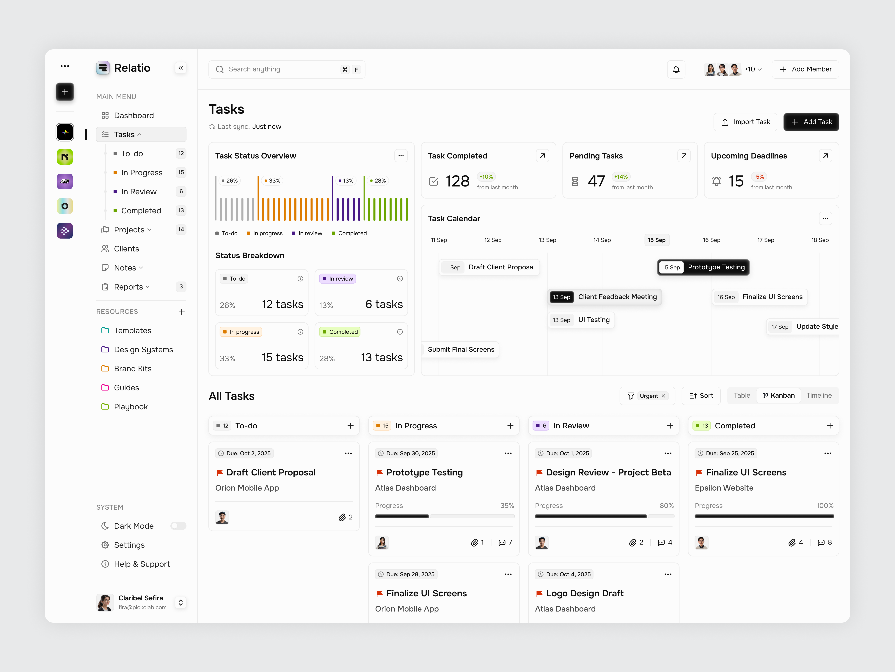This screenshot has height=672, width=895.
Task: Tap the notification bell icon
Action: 676,69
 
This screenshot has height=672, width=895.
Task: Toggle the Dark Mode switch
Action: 178,526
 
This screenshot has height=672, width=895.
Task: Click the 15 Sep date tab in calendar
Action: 656,240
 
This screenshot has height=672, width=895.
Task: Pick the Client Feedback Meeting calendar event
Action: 604,297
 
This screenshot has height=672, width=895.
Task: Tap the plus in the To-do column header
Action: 350,426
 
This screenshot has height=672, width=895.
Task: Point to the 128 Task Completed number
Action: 457,181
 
